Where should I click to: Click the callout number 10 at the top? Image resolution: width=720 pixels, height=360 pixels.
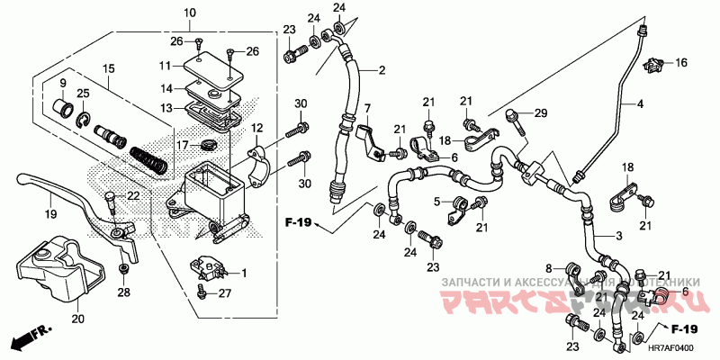coord(189,13)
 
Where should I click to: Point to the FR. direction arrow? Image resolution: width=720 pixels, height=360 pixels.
coord(28,339)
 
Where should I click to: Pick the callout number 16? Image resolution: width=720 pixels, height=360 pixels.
coord(681,62)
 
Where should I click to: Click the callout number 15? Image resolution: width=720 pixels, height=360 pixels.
coord(109,69)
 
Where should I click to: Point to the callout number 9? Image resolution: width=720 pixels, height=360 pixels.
coord(63,84)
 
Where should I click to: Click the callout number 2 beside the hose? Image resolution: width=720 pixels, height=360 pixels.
coord(382,70)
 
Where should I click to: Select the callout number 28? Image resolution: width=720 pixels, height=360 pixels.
coord(124,293)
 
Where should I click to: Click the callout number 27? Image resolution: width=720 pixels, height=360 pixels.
coord(226,293)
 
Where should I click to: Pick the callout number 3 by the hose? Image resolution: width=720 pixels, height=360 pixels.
coord(618,236)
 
